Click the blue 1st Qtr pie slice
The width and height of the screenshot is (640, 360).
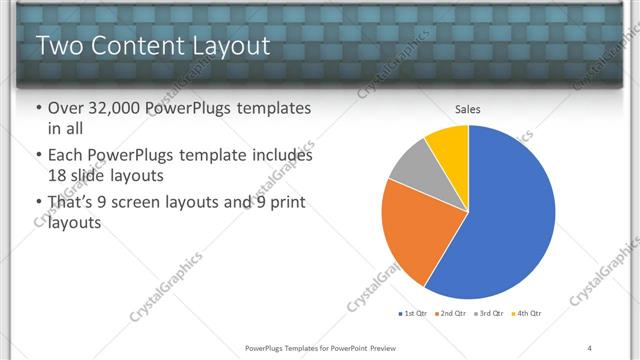510,220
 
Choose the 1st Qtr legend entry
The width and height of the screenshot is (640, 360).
414,314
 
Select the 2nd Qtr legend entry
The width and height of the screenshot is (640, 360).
451,314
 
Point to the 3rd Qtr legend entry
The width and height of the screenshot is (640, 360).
488,314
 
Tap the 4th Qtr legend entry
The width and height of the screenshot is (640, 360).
525,314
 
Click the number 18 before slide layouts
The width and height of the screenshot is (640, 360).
58,175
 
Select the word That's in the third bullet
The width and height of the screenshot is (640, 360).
73,203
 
